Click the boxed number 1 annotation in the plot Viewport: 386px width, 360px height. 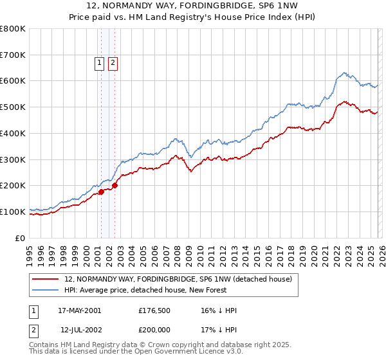[100, 63]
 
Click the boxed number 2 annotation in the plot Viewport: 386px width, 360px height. [113, 63]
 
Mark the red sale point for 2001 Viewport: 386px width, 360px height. [102, 192]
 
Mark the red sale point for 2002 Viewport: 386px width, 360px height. [115, 186]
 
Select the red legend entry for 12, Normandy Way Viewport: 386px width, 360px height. [179, 280]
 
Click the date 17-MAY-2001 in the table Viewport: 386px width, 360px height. [80, 310]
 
